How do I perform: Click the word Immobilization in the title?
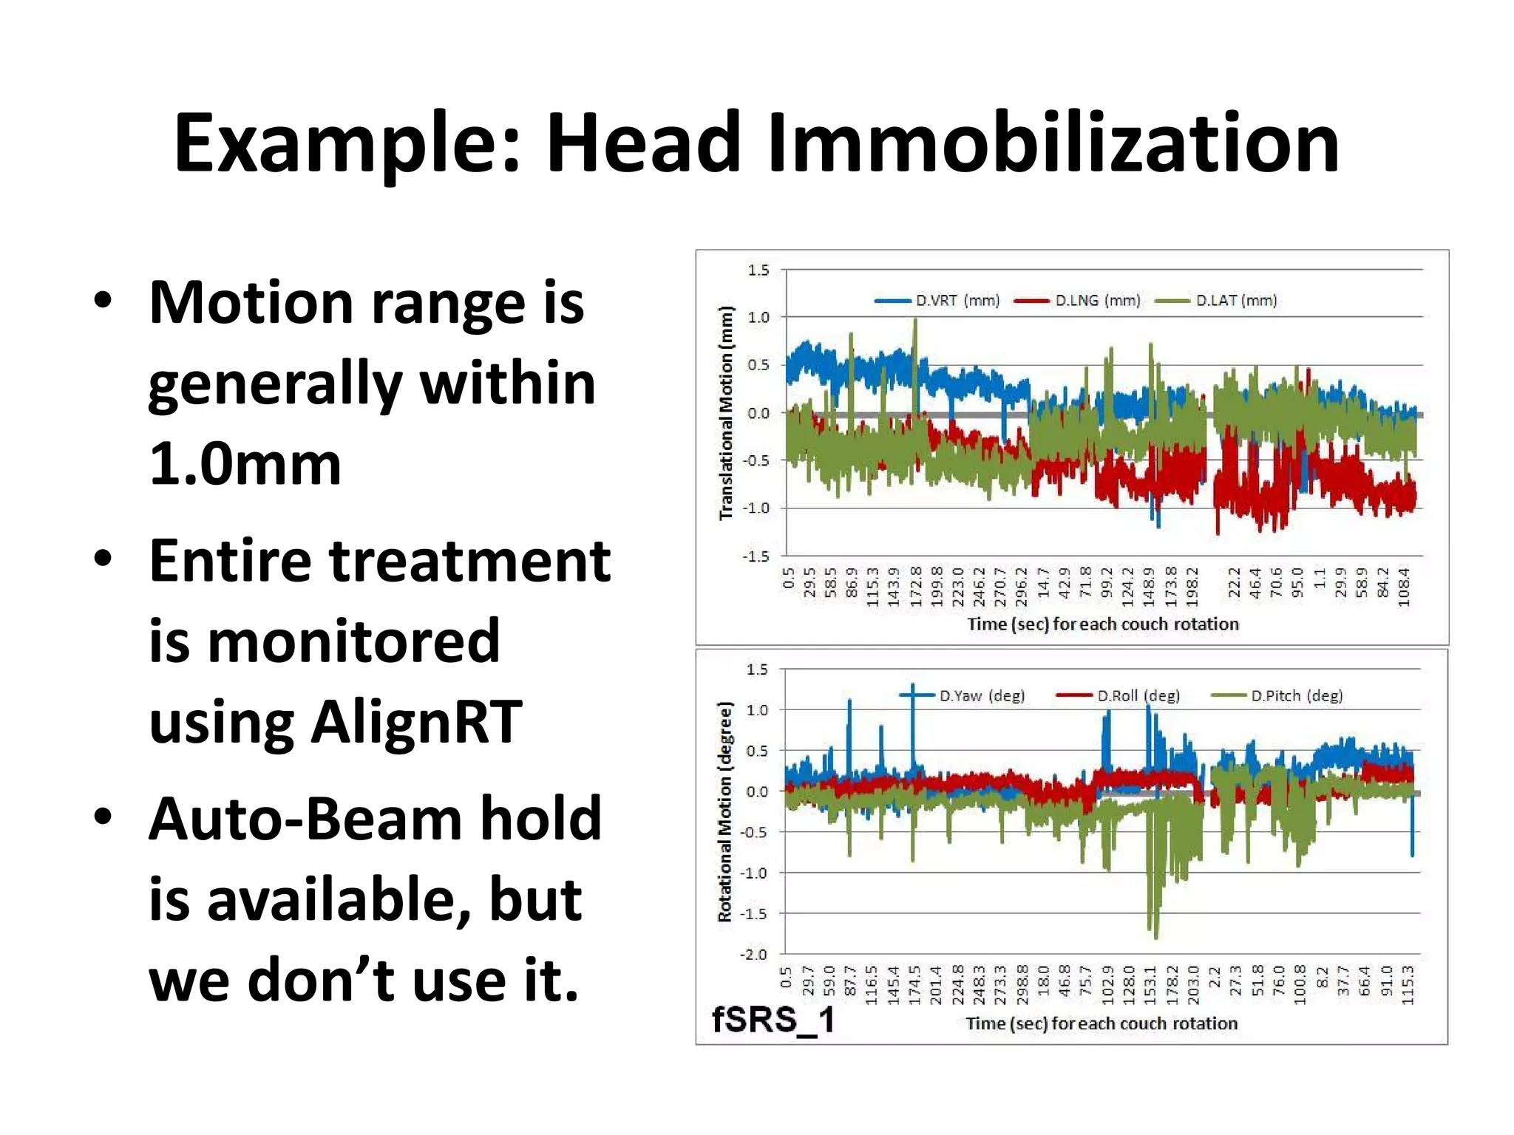[x=1053, y=143]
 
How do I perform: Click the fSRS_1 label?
[x=773, y=1020]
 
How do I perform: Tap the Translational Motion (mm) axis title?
[x=726, y=412]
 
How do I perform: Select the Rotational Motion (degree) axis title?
[x=724, y=811]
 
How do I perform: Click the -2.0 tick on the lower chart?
[x=754, y=954]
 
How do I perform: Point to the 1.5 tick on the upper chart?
[x=758, y=270]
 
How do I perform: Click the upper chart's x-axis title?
[x=1102, y=624]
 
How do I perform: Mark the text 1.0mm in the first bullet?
[x=245, y=464]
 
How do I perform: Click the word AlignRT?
[x=416, y=722]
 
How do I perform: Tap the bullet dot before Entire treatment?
[x=103, y=559]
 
